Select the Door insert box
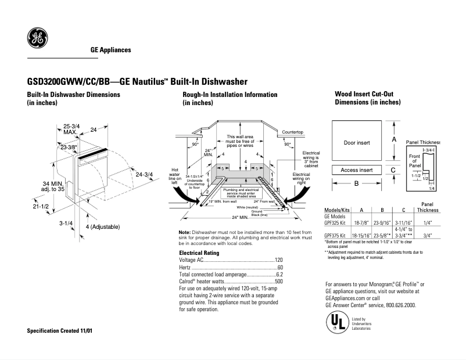[x=357, y=142]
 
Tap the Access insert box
[x=357, y=170]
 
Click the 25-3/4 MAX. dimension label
[x=71, y=129]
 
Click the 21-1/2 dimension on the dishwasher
[x=41, y=206]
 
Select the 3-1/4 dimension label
[x=66, y=222]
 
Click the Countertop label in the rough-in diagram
[x=293, y=132]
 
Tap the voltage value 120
[x=278, y=260]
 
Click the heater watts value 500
[x=278, y=281]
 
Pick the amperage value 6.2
[x=279, y=274]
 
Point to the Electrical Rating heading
[x=199, y=253]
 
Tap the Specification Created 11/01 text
[x=60, y=330]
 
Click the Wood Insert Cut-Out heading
[x=367, y=94]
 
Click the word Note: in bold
[x=185, y=232]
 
